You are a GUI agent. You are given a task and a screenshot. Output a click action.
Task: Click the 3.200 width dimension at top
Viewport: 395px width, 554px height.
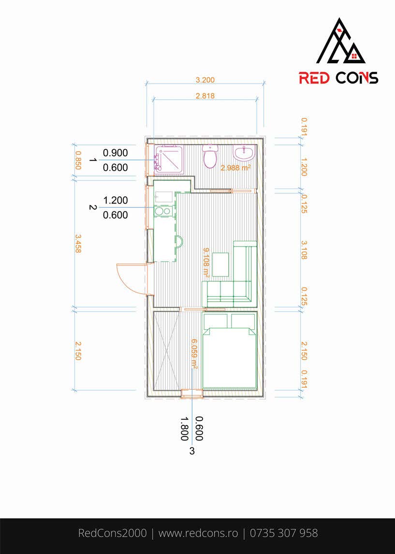pyautogui.click(x=205, y=80)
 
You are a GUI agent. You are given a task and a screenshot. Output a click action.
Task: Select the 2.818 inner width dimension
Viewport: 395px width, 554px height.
pyautogui.click(x=205, y=96)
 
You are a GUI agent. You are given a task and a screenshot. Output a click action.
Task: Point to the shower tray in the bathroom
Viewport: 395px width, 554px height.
pyautogui.click(x=169, y=159)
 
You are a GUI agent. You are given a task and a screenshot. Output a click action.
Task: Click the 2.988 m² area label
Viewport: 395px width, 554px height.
pyautogui.click(x=235, y=167)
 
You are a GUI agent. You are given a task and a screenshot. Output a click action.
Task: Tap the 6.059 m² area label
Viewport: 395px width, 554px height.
pyautogui.click(x=194, y=354)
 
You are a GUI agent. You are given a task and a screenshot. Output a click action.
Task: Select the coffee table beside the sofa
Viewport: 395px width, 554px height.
pyautogui.click(x=220, y=264)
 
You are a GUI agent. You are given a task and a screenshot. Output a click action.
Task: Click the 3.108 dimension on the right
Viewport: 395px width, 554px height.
pyautogui.click(x=304, y=249)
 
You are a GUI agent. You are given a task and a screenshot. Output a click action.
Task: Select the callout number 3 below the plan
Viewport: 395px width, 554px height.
pyautogui.click(x=192, y=451)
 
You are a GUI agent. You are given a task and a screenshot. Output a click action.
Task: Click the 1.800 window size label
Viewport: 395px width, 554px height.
pyautogui.click(x=184, y=429)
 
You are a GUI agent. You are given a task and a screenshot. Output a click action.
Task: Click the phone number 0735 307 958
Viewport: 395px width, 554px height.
pyautogui.click(x=284, y=533)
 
